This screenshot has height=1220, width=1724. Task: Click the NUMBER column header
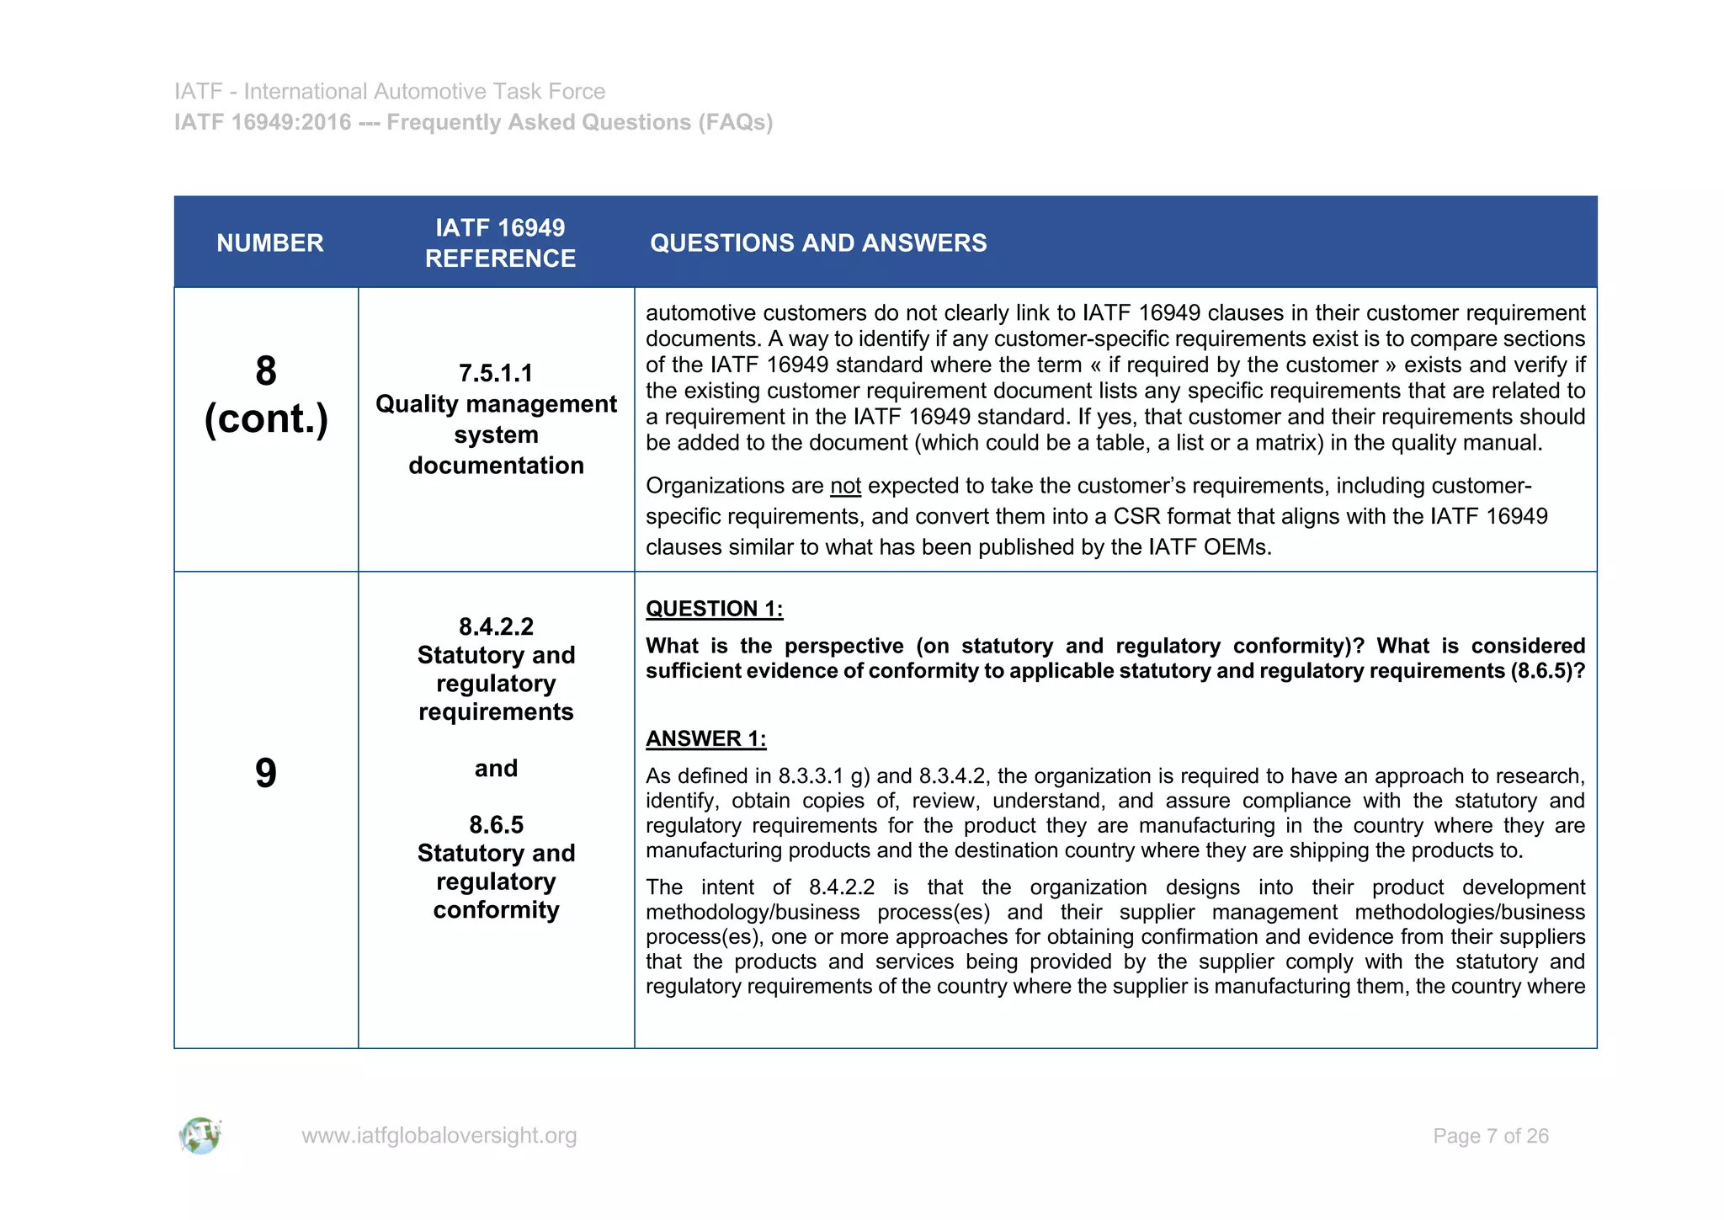coord(269,243)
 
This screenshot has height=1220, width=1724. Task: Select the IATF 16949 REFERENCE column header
coord(500,242)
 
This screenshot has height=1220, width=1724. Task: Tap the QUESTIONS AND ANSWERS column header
coord(818,243)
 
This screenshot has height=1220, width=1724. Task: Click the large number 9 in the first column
coord(266,773)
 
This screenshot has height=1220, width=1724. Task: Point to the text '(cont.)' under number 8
coord(266,419)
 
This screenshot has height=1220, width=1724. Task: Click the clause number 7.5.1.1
coord(496,373)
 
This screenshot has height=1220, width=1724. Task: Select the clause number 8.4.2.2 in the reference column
coord(496,626)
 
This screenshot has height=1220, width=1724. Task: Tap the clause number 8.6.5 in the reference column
coord(496,824)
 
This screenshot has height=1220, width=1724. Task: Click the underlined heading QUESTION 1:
coord(714,609)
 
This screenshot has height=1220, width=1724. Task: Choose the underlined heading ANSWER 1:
coord(705,738)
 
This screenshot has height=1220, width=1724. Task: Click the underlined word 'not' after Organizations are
coord(845,487)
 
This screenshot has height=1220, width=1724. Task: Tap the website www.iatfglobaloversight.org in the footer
coord(439,1136)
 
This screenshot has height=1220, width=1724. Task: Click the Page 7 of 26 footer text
coord(1490,1136)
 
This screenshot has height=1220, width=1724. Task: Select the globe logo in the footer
coord(200,1136)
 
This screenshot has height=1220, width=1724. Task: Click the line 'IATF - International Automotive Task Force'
coord(390,91)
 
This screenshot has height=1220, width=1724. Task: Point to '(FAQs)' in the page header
coord(734,123)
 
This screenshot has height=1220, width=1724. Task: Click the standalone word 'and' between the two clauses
coord(496,768)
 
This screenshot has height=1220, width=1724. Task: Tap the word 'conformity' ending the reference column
coord(496,910)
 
